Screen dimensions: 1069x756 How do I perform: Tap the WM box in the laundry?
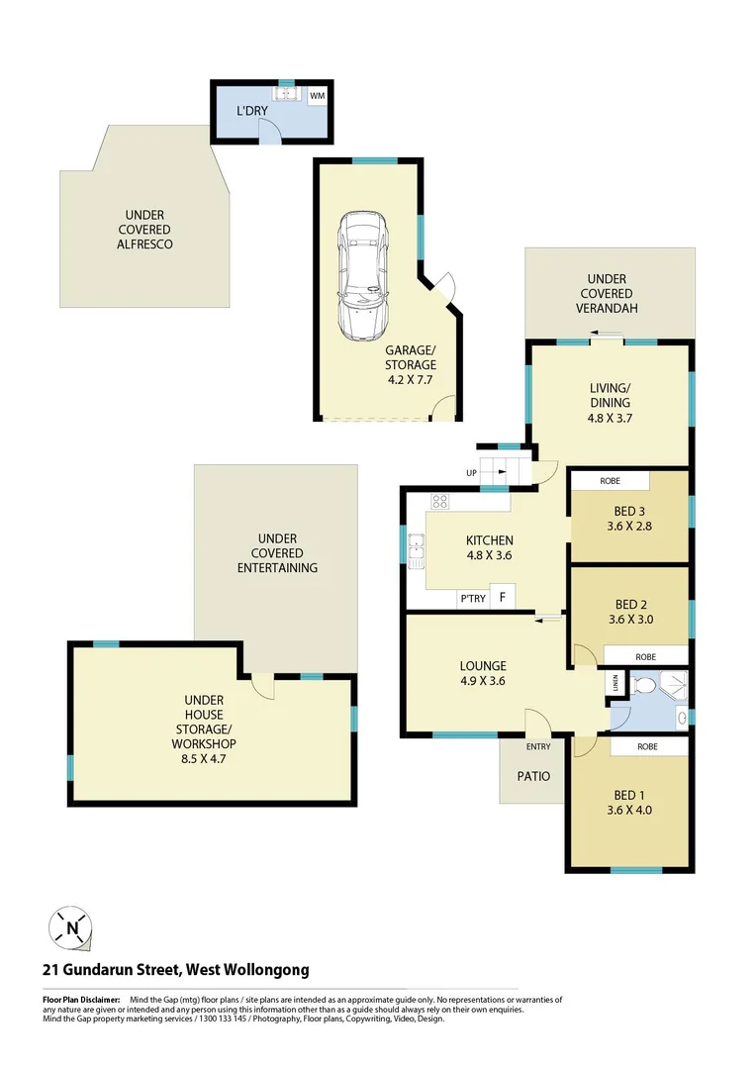(318, 96)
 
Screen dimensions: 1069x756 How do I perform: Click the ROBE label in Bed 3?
(611, 481)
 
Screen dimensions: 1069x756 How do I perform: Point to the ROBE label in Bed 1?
(648, 747)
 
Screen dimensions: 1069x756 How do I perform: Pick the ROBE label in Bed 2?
(645, 656)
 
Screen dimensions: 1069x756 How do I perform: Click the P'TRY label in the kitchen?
(470, 598)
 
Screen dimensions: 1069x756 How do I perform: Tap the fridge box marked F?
(503, 597)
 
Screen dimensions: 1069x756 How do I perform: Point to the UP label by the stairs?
(471, 472)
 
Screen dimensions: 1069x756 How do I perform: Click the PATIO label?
(533, 776)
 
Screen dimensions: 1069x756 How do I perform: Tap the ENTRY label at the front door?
(538, 747)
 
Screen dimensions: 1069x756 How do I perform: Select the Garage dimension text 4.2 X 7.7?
(410, 378)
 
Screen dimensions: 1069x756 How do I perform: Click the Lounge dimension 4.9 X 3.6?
(482, 680)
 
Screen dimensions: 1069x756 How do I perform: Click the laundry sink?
(287, 95)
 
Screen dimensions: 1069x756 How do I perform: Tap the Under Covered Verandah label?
(607, 294)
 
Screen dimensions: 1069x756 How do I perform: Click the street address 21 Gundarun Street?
(175, 970)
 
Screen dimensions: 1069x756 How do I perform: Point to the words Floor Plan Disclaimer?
(80, 1001)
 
